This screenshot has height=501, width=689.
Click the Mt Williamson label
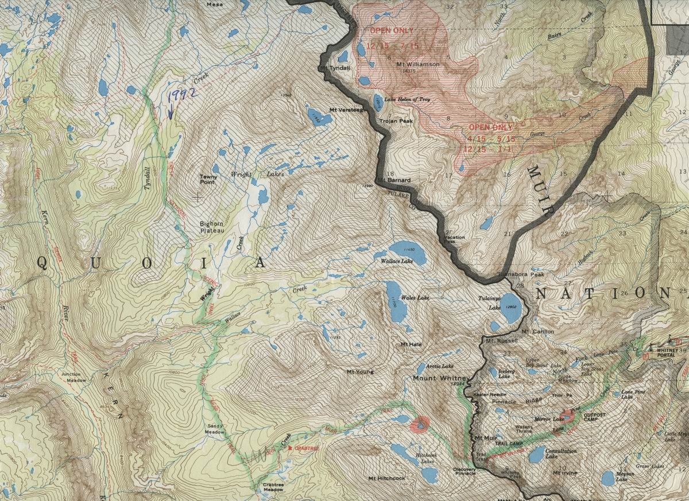(x=417, y=64)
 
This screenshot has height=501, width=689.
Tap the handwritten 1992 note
(x=180, y=98)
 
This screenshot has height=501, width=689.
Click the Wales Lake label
(x=415, y=298)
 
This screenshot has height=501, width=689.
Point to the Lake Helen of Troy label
(x=406, y=99)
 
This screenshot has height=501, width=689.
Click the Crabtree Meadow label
(x=273, y=488)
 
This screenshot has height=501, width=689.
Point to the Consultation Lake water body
(x=536, y=455)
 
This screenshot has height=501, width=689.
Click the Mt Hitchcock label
(x=386, y=478)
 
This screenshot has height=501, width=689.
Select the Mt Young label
(x=360, y=371)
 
